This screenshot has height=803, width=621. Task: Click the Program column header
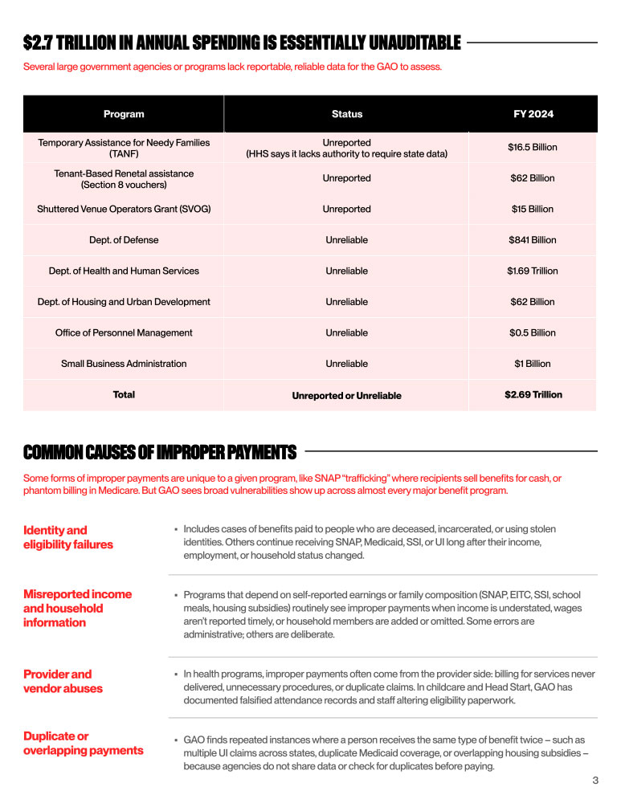(x=124, y=114)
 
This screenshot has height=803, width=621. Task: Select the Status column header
(x=347, y=114)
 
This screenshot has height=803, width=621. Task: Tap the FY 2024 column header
(x=533, y=114)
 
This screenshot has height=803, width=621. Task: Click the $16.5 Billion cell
(x=533, y=148)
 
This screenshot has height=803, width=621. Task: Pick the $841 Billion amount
(x=533, y=240)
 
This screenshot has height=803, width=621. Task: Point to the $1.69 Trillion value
(x=533, y=271)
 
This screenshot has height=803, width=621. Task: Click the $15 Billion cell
(x=533, y=210)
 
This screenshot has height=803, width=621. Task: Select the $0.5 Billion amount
(x=533, y=333)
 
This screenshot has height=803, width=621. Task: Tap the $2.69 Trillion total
(x=533, y=395)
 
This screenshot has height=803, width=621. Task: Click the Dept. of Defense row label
(x=124, y=240)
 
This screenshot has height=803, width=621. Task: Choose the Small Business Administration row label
(x=124, y=364)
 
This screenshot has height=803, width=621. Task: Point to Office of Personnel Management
(x=124, y=333)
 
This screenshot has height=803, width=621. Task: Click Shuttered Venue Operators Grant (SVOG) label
(x=124, y=210)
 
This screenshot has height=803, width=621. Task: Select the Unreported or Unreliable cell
(x=346, y=396)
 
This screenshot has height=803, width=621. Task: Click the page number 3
(x=595, y=781)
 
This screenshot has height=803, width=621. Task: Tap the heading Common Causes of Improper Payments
(x=160, y=453)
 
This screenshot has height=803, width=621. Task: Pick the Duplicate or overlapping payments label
(x=84, y=744)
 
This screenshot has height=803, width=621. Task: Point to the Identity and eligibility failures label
(x=68, y=537)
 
